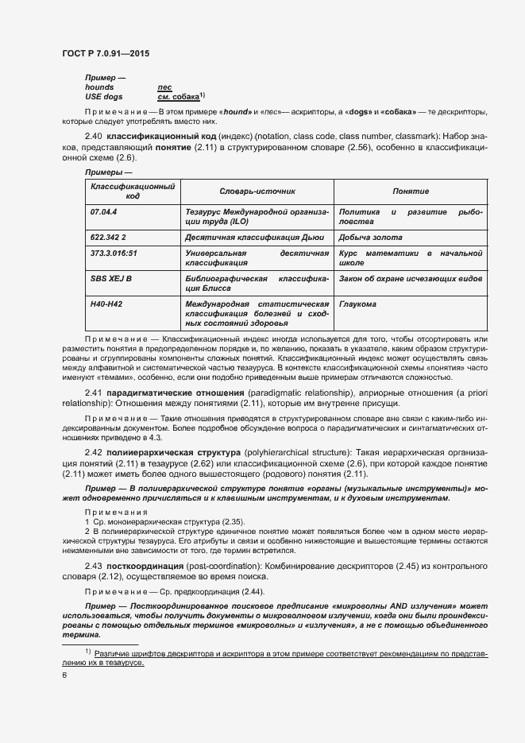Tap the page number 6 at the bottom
[x=64, y=675]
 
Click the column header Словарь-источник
[x=257, y=192]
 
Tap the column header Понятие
[x=411, y=192]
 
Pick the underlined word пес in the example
[x=164, y=87]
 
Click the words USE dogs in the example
[x=104, y=96]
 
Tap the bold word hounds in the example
[x=99, y=87]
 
